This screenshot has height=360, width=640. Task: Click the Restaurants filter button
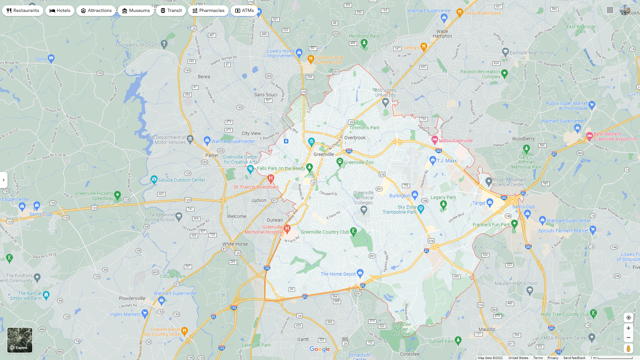[23, 11]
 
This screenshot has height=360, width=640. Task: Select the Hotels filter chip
[60, 11]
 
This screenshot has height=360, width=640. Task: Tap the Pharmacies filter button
[208, 11]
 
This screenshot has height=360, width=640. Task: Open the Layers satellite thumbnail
[20, 340]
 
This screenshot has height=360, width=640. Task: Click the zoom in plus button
[628, 328]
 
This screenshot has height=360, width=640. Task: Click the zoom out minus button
[628, 338]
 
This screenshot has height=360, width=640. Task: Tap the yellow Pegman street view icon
[628, 349]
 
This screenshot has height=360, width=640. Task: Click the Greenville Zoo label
[359, 162]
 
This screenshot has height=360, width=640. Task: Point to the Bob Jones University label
[385, 92]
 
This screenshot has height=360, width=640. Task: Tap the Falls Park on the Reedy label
[281, 168]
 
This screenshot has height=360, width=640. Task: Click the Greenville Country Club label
[325, 232]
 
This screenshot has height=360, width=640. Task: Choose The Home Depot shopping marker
[360, 273]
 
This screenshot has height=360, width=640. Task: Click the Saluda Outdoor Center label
[182, 180]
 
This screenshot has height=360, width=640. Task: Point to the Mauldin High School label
[516, 283]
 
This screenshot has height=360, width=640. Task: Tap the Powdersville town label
[132, 298]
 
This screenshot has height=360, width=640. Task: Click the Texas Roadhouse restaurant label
[482, 13]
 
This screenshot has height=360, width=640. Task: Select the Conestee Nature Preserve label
[401, 329]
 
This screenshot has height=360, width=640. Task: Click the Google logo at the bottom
[320, 349]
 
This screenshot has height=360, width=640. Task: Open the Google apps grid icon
[610, 10]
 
